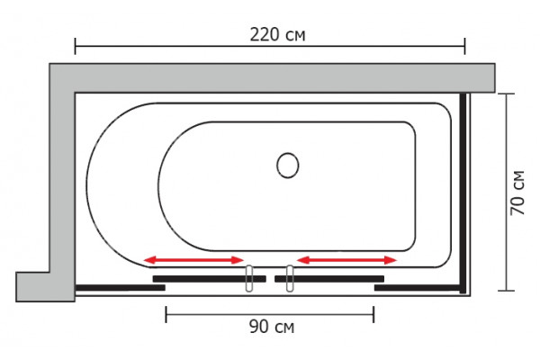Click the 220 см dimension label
click(277, 35)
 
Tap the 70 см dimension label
click(517, 193)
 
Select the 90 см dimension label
click(272, 327)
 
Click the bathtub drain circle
click(288, 166)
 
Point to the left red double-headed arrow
click(193, 260)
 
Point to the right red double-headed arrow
click(346, 260)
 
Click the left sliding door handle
click(249, 279)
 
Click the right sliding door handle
click(290, 279)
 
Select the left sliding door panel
click(210, 279)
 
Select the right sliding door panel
click(329, 279)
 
